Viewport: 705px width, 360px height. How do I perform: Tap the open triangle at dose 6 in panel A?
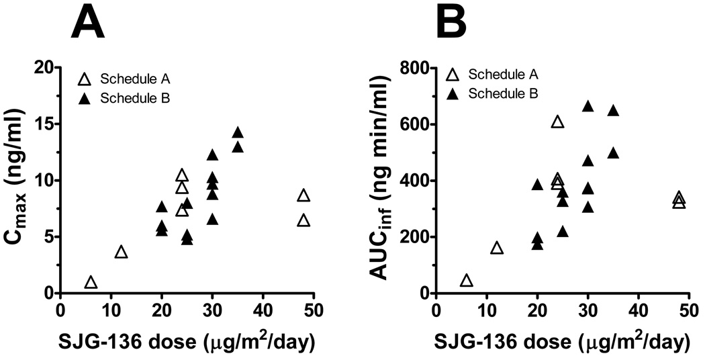[x=91, y=283]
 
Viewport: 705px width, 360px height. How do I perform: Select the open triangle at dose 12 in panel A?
[x=121, y=252]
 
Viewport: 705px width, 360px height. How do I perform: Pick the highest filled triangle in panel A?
[x=237, y=133]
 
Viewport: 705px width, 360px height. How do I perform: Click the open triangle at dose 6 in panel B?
[x=466, y=281]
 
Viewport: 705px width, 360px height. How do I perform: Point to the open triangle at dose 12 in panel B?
[x=496, y=249]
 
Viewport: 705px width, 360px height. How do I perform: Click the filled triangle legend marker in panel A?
[x=85, y=99]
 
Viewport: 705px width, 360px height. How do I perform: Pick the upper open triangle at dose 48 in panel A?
[x=303, y=195]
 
